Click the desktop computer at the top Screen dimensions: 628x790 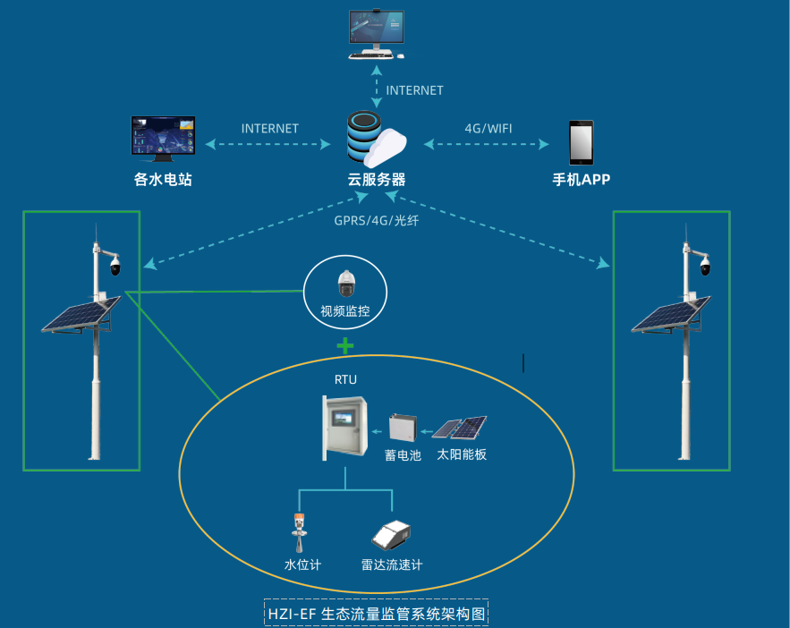[x=375, y=33]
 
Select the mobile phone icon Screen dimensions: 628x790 [x=581, y=141]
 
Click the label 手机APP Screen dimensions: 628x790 [x=581, y=179]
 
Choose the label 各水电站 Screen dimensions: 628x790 [x=163, y=179]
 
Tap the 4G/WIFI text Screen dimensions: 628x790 [x=488, y=129]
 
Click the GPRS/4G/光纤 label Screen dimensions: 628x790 [x=376, y=220]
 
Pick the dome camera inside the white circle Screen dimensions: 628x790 [x=345, y=284]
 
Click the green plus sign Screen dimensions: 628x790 [x=344, y=345]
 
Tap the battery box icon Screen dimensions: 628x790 [x=403, y=429]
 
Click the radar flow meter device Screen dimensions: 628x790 [x=392, y=535]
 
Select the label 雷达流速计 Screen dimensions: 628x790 [x=392, y=564]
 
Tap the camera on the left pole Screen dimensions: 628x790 [x=114, y=266]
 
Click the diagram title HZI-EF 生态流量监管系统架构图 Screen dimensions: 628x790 [x=376, y=614]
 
